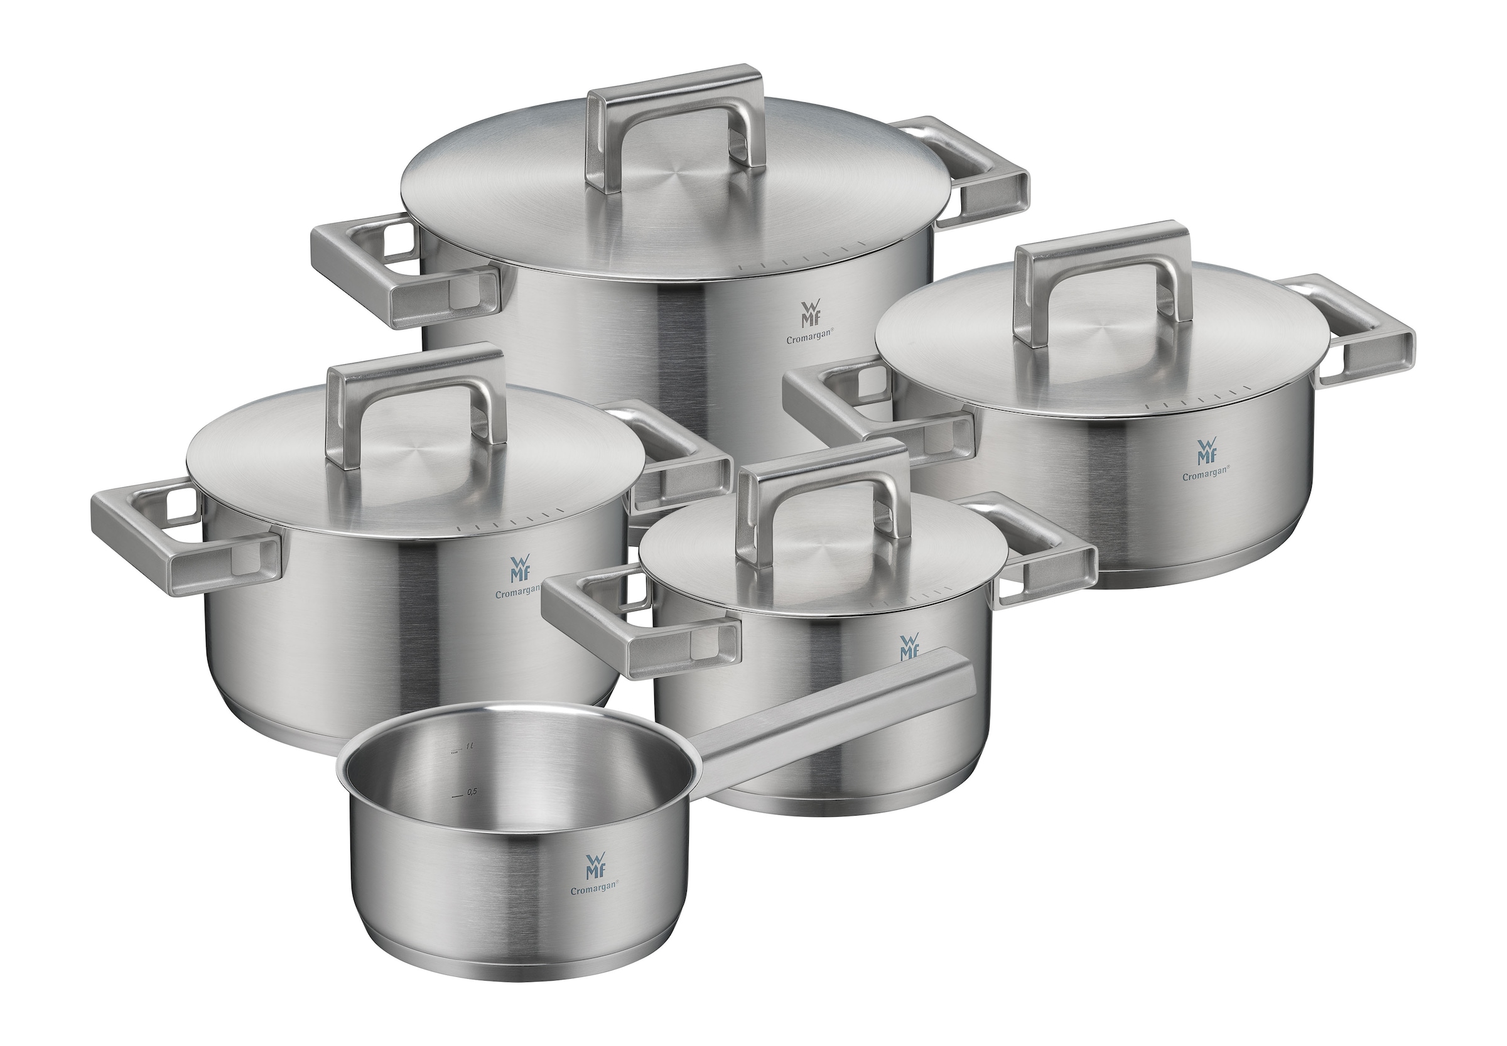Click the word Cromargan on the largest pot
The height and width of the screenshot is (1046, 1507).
(809, 340)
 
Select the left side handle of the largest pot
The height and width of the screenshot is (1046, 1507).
(367, 275)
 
